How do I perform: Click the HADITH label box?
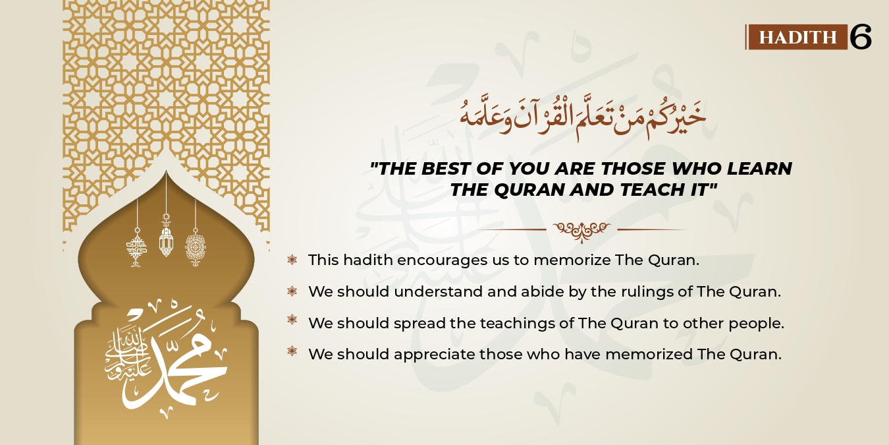point(797,37)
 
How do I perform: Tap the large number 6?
point(861,37)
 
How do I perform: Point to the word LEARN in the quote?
point(761,169)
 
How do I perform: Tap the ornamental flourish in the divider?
point(581,230)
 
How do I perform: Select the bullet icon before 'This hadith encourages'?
point(292,260)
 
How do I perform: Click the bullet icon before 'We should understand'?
point(292,291)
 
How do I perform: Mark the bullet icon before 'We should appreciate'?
point(292,351)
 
